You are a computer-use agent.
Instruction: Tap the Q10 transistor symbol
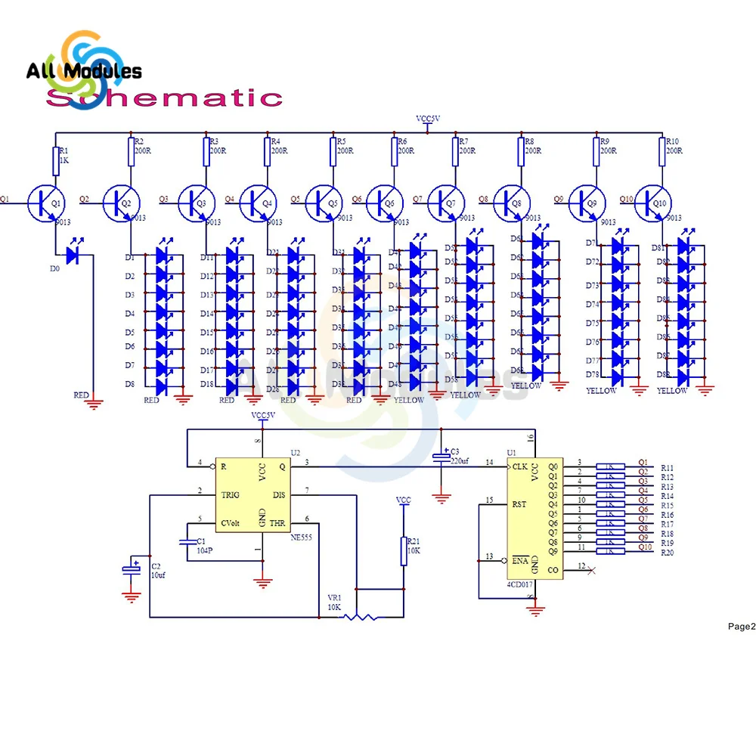(651, 201)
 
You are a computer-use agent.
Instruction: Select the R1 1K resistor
(56, 160)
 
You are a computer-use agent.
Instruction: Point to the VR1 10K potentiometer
(361, 617)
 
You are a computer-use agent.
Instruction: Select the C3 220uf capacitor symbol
(441, 457)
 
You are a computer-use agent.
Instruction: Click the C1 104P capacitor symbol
(186, 542)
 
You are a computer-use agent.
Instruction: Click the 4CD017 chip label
(521, 584)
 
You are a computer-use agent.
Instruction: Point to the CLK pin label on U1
(519, 466)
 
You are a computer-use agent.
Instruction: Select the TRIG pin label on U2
(230, 494)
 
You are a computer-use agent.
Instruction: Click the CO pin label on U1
(553, 570)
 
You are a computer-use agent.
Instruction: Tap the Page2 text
(741, 626)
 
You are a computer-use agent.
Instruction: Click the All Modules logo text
(84, 71)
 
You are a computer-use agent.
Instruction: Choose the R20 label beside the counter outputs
(667, 553)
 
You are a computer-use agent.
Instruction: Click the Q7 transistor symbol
(443, 202)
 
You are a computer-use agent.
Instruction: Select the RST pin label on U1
(519, 503)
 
